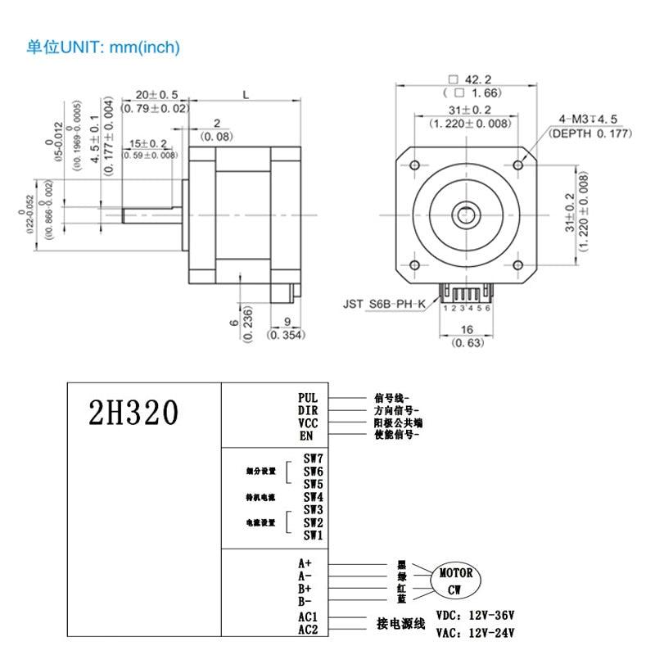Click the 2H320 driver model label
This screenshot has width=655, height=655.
pos(132,413)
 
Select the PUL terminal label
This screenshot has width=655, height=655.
pos(308,398)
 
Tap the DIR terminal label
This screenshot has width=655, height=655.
pos(308,410)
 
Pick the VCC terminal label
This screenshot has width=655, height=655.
pos(308,423)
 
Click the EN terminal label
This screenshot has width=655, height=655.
pos(307,436)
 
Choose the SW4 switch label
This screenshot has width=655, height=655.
pos(314,496)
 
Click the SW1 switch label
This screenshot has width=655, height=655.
pos(314,535)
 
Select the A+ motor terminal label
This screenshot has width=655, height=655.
pos(305,563)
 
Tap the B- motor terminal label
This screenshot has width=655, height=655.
pos(305,602)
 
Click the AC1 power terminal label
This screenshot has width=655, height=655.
pos(308,617)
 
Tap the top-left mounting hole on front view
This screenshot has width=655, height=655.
pos(414,166)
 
